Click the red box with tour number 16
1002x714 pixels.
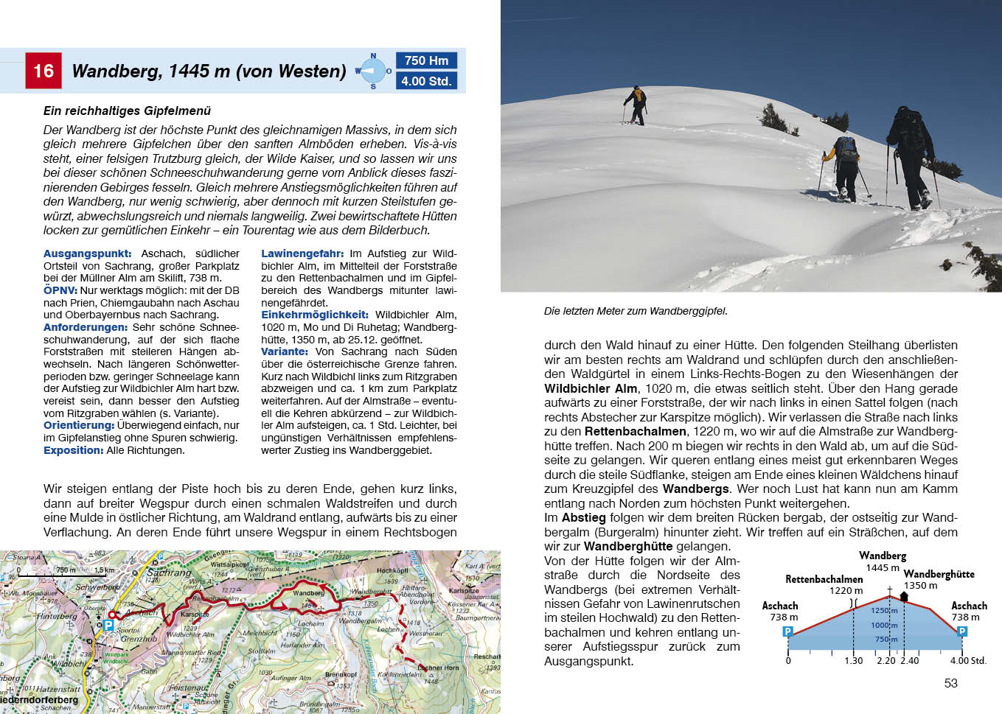[x=44, y=71]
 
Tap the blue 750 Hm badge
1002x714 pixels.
[x=426, y=60]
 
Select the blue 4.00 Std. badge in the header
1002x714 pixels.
[x=426, y=81]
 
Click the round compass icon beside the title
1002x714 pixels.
[x=373, y=71]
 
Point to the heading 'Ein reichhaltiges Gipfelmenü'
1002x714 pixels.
[x=127, y=111]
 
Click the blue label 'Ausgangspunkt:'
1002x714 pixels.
[x=87, y=253]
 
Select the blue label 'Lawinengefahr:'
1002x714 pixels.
[x=302, y=253]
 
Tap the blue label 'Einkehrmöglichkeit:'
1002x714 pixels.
[x=315, y=315]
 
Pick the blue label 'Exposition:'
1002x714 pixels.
[x=73, y=450]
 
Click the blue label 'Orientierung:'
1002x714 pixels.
[x=78, y=425]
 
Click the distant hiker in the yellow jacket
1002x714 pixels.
[x=635, y=104]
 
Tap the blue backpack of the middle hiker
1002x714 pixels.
[x=847, y=150]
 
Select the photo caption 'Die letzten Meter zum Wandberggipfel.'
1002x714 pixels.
[x=636, y=311]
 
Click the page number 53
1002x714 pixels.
[x=950, y=683]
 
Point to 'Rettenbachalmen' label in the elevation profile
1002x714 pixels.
[x=824, y=579]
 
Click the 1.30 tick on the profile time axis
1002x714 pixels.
[x=853, y=661]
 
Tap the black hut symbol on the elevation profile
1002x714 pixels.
[x=904, y=596]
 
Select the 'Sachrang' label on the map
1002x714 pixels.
[x=170, y=573]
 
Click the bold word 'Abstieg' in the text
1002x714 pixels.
[x=583, y=518]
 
